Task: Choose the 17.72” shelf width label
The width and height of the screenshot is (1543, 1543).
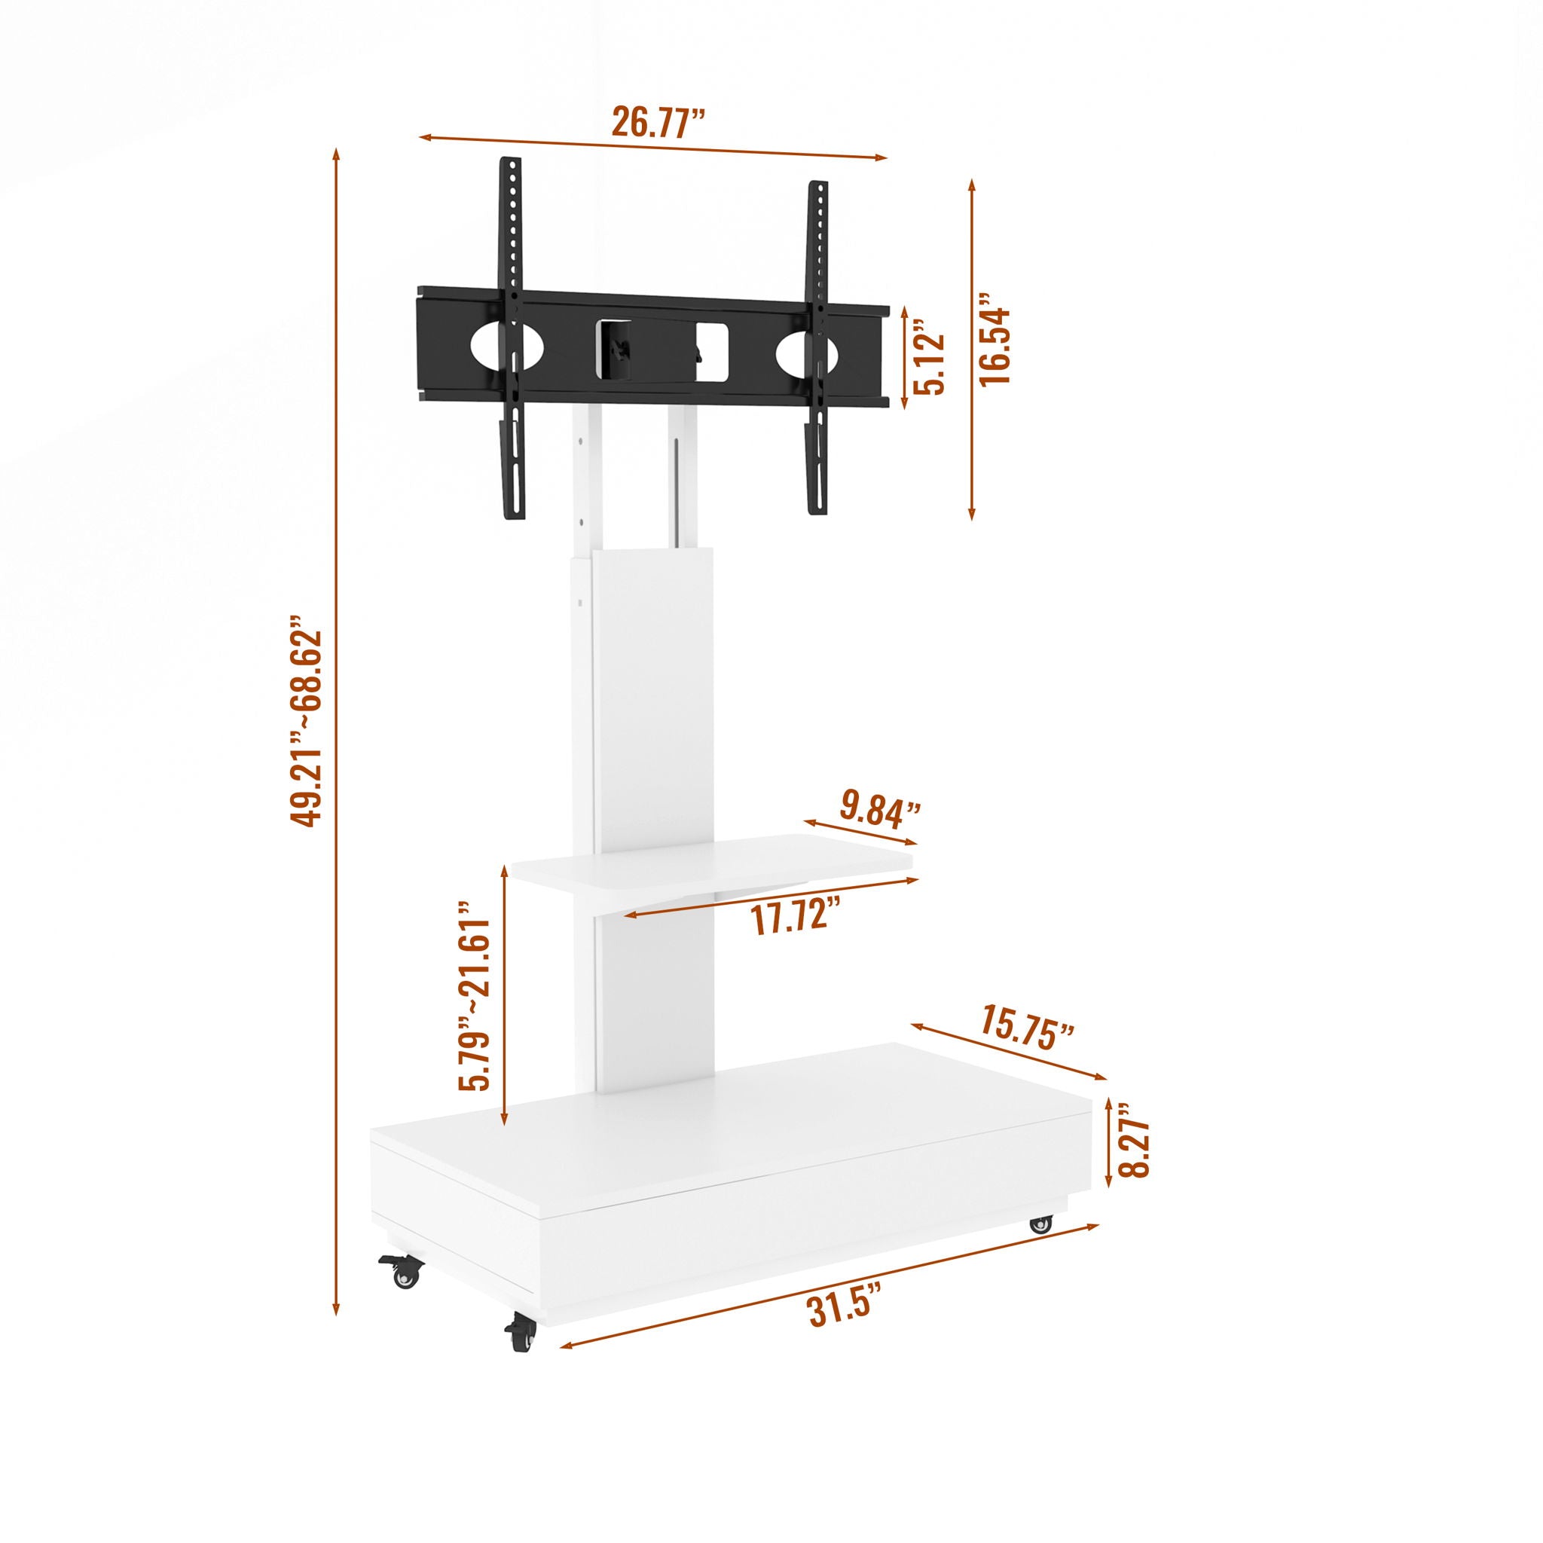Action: tap(796, 918)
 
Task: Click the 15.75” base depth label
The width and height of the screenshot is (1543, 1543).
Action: tap(1027, 1034)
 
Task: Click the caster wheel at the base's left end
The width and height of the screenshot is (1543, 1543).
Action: tap(404, 1276)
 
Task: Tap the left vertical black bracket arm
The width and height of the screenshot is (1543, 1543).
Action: tap(512, 340)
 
